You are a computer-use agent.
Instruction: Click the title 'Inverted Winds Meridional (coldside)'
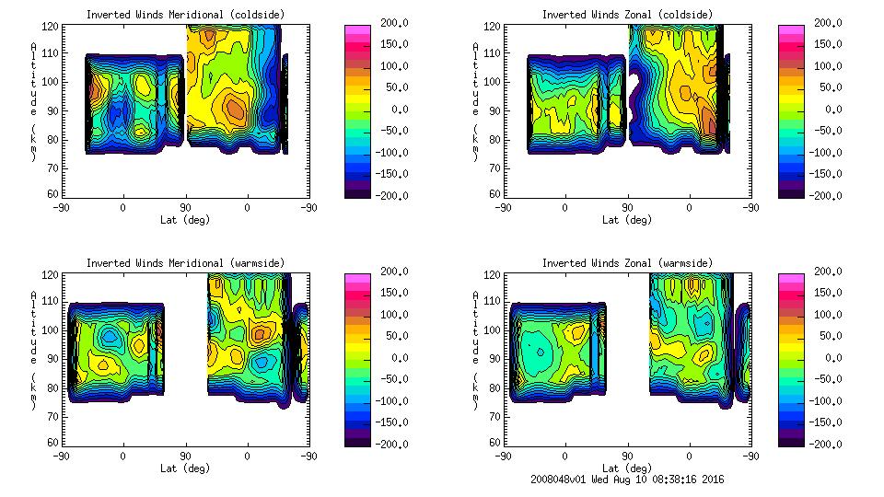[x=185, y=15]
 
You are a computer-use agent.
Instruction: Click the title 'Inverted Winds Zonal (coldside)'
[x=627, y=15]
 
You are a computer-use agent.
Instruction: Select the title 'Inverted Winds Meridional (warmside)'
[x=185, y=263]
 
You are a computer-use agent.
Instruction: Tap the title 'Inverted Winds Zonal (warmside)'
[x=627, y=263]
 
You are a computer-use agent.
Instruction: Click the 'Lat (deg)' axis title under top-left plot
[x=185, y=220]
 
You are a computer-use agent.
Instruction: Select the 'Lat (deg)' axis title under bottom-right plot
[x=627, y=468]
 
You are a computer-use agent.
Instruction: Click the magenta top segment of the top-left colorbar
[x=356, y=30]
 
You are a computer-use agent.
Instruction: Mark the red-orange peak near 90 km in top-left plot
[x=236, y=110]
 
